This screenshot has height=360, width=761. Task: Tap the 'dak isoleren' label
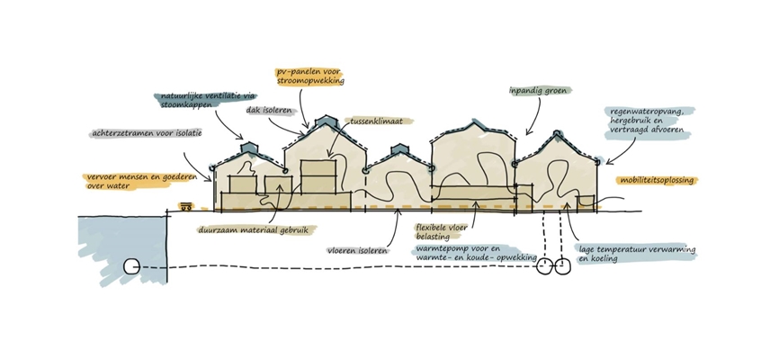click(270, 112)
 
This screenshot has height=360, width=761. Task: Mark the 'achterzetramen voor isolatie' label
click(144, 133)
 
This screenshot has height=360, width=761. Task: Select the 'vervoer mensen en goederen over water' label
click(139, 183)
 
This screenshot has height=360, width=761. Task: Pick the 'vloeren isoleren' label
click(357, 250)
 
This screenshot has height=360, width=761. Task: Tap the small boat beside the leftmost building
click(186, 207)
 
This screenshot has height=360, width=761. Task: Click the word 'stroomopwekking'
click(310, 81)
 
